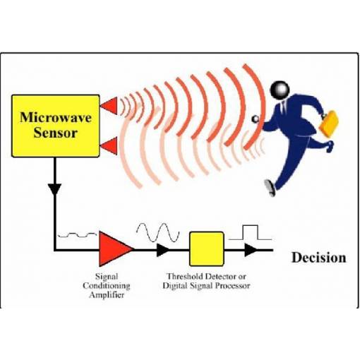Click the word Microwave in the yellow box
point(56,117)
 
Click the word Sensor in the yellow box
point(56,133)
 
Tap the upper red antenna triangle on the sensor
point(110,106)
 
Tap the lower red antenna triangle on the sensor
point(110,146)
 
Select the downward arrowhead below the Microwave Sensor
point(55,189)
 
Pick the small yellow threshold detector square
point(207,249)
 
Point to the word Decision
point(319,258)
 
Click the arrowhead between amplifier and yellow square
point(162,250)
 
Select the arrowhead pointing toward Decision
point(251,250)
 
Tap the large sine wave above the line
point(157,232)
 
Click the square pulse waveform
point(251,232)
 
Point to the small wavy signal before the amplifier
point(77,235)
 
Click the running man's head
point(280,90)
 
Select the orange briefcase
point(328,124)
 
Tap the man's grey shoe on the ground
point(270,188)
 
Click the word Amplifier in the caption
point(107,295)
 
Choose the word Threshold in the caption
point(186,276)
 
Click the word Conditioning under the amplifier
point(107,286)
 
